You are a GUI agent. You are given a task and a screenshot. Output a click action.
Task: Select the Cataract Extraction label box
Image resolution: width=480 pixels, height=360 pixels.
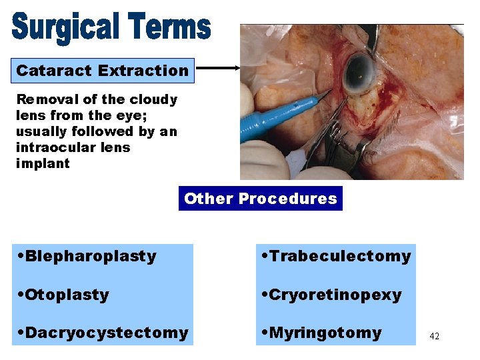click(103, 70)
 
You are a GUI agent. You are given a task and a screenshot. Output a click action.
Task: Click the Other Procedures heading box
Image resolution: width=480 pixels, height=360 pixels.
click(261, 199)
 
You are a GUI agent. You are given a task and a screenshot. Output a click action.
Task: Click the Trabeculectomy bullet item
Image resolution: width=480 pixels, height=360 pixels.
click(337, 256)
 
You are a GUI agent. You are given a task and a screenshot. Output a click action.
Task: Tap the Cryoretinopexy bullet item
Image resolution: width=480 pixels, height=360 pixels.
click(332, 295)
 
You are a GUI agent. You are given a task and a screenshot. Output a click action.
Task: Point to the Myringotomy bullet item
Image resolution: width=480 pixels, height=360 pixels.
click(322, 333)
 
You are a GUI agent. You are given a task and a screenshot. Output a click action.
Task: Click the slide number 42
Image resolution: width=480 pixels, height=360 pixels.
click(434, 337)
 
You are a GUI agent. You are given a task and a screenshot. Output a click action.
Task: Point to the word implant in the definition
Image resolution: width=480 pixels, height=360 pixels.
click(43, 163)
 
